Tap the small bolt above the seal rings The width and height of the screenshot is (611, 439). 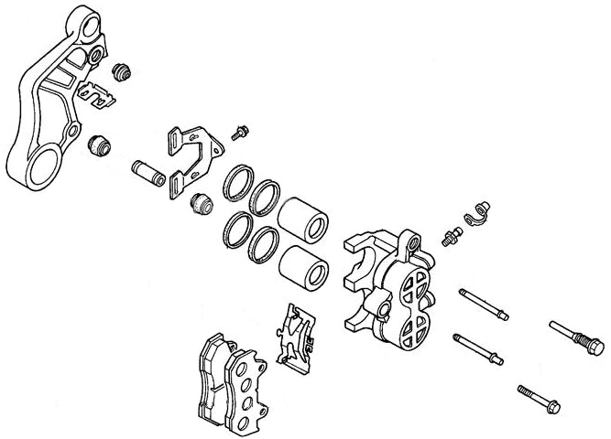coord(241,132)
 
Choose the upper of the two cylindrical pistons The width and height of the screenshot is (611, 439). coord(303,222)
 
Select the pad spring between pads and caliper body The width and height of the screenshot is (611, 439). coord(295,338)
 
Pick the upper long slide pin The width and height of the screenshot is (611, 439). coord(482,305)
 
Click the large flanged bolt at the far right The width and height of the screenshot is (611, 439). coord(577,335)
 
